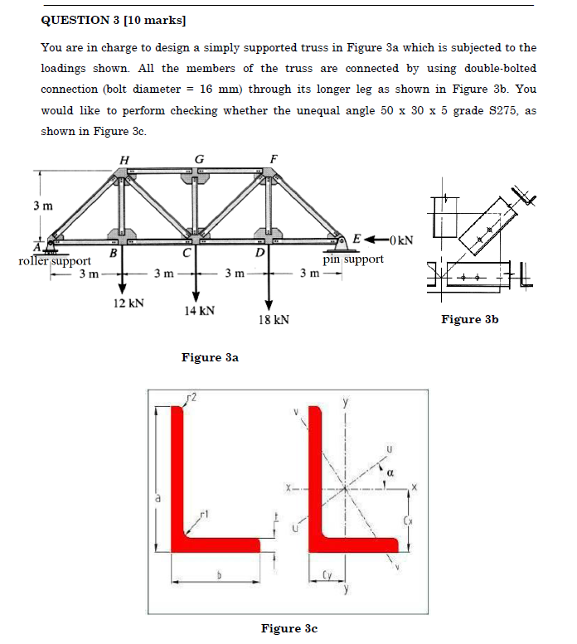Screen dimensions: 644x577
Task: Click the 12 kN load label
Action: [x=128, y=303]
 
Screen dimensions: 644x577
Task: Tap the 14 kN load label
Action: [x=200, y=311]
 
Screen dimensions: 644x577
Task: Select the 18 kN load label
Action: [x=273, y=319]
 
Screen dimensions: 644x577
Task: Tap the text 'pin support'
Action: [x=353, y=259]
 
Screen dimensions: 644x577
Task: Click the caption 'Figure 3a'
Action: [x=210, y=357]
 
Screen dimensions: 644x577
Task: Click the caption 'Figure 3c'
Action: [x=288, y=628]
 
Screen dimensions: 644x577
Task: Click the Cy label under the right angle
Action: [x=329, y=574]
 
